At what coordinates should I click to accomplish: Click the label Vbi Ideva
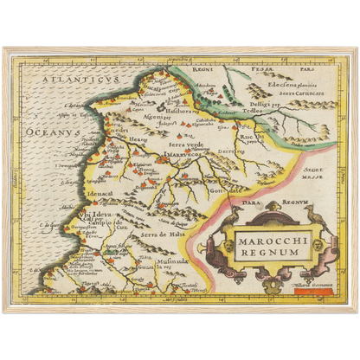click(x=98, y=213)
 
